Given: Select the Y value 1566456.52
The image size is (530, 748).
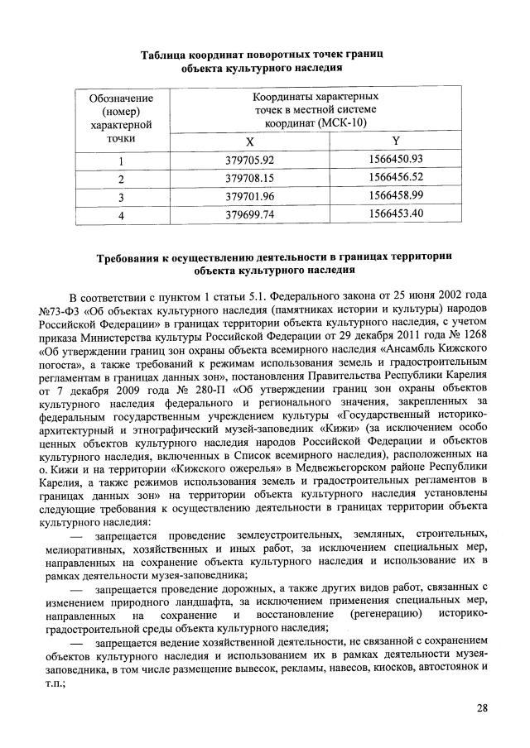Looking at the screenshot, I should click(x=395, y=178).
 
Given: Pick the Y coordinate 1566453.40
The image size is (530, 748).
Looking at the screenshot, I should click(x=395, y=213).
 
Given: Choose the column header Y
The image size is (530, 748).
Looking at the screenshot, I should click(x=395, y=141).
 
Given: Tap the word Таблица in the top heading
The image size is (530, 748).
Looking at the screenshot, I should click(x=166, y=54).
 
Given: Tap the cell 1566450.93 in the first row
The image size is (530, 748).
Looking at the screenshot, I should click(x=395, y=160).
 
